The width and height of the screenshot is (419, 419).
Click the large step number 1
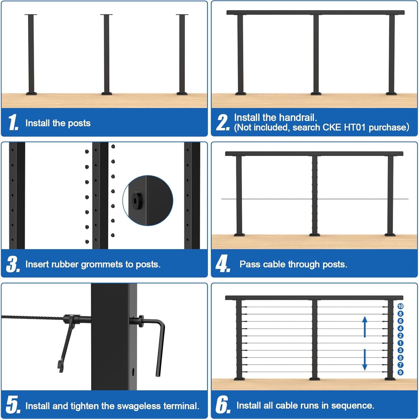coord(13,123)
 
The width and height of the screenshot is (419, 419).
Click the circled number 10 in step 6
coord(400,306)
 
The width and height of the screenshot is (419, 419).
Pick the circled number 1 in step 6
coord(400,343)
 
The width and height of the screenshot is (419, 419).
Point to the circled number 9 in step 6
coord(400,372)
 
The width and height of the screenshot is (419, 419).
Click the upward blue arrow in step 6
coord(365,326)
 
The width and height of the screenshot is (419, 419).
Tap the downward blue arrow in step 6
coord(365,360)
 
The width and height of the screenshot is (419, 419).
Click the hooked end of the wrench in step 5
coord(60,366)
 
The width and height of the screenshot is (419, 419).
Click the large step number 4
coord(222,264)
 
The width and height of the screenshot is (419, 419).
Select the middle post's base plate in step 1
coord(106,93)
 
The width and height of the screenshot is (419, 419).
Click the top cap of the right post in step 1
coord(182,15)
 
